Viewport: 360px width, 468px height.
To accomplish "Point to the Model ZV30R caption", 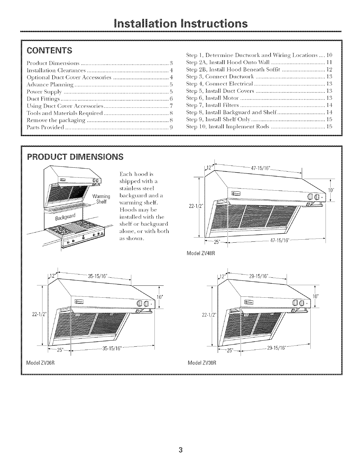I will click(x=201, y=363).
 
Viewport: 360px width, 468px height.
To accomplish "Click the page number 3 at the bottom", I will click(x=180, y=449).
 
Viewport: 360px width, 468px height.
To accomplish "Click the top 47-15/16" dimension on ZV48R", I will click(x=260, y=168).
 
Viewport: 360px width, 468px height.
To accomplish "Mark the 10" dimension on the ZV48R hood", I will click(x=329, y=190).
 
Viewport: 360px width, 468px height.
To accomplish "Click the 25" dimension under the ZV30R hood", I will click(x=230, y=350).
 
